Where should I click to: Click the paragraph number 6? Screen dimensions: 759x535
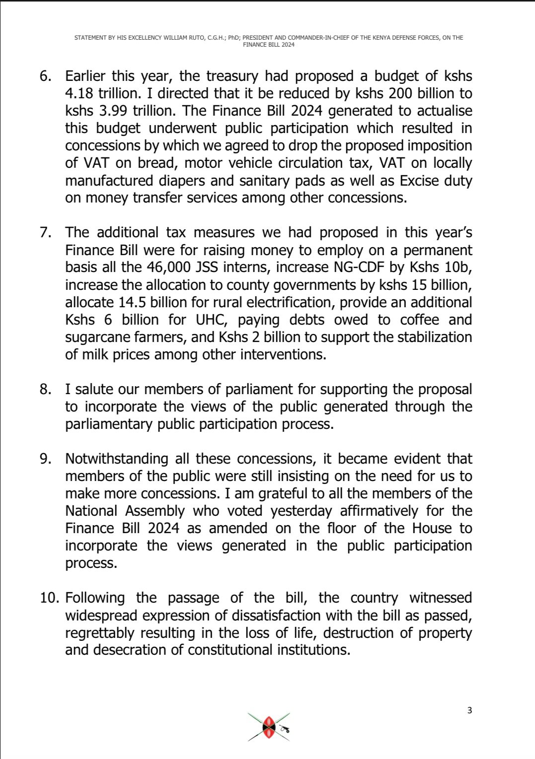45,76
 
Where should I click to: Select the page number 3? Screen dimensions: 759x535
470,710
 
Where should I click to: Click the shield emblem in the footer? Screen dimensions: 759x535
269,727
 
